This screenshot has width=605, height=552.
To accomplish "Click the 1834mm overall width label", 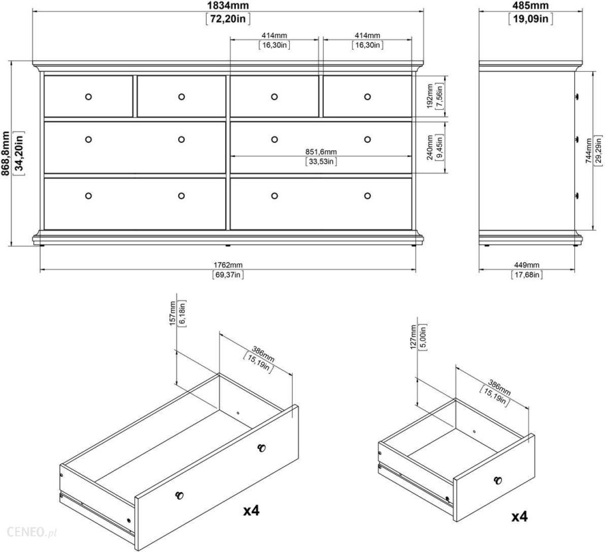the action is click(x=228, y=5).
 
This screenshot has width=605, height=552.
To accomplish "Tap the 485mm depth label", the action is click(x=531, y=5).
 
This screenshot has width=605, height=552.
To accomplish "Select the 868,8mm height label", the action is click(x=5, y=153).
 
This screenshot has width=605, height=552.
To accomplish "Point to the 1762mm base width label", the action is click(x=228, y=265).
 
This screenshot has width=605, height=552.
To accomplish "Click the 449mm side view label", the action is click(x=527, y=265).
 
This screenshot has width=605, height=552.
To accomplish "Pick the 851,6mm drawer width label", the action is click(x=321, y=152).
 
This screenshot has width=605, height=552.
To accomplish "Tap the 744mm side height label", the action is click(x=589, y=150).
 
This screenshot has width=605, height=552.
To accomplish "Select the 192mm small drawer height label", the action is click(x=431, y=96).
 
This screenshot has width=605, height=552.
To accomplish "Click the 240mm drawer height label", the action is click(x=431, y=148).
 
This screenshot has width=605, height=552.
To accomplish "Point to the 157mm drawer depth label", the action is click(x=173, y=313).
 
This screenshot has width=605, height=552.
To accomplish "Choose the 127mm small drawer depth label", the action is click(x=414, y=337).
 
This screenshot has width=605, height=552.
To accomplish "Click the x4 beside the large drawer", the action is click(x=251, y=510).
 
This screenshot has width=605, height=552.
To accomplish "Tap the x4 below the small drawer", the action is click(x=519, y=516).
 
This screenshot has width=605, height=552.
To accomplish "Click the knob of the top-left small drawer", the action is click(x=88, y=96).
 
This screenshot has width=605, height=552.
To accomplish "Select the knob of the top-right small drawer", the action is click(x=367, y=96).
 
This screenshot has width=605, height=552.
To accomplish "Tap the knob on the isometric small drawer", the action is click(x=498, y=480).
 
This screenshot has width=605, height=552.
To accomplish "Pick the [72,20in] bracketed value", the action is click(x=228, y=19).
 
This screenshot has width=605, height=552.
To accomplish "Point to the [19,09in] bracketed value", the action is click(x=531, y=19).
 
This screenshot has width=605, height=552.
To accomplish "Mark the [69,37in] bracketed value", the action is click(x=228, y=275).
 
